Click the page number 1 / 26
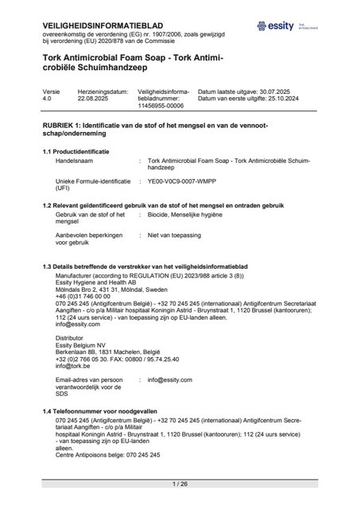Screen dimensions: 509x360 (x=179, y=484)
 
